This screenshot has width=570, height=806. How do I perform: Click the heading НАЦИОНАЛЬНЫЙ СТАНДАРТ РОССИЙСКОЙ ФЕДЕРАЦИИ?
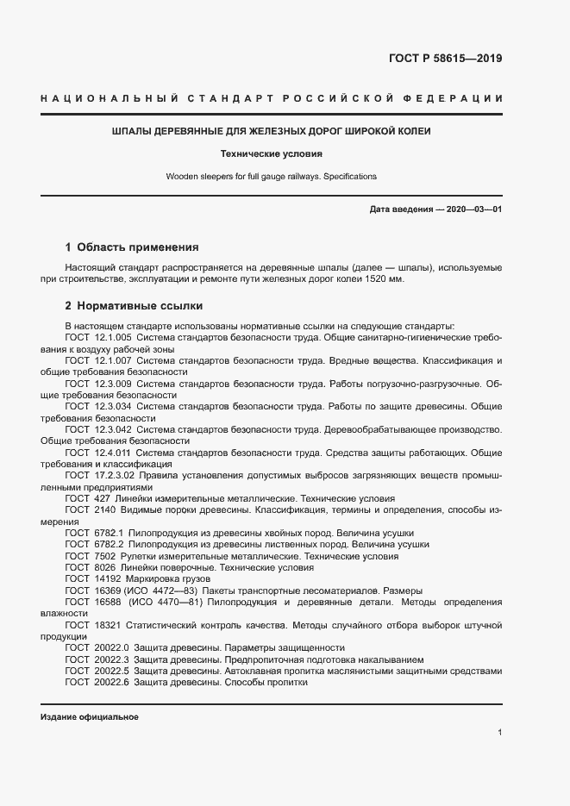[x=272, y=99]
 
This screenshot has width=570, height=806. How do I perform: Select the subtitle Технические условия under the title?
[x=272, y=154]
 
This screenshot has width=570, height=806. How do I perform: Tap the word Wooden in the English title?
[x=183, y=177]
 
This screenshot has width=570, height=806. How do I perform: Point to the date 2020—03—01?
[x=472, y=209]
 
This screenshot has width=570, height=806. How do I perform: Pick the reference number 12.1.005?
[x=112, y=339]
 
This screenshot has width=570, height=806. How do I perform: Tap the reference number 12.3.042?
[x=112, y=428]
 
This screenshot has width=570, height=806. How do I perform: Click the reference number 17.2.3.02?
[x=114, y=475]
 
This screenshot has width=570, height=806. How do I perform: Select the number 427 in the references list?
[x=101, y=498]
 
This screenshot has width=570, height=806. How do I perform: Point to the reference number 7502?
[x=103, y=556]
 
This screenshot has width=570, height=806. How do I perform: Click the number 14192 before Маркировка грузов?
[x=106, y=579]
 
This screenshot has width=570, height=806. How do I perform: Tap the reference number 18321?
[x=106, y=624]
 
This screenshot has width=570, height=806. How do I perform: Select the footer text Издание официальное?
[x=90, y=717]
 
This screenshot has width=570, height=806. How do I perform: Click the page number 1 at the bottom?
[x=499, y=733]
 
